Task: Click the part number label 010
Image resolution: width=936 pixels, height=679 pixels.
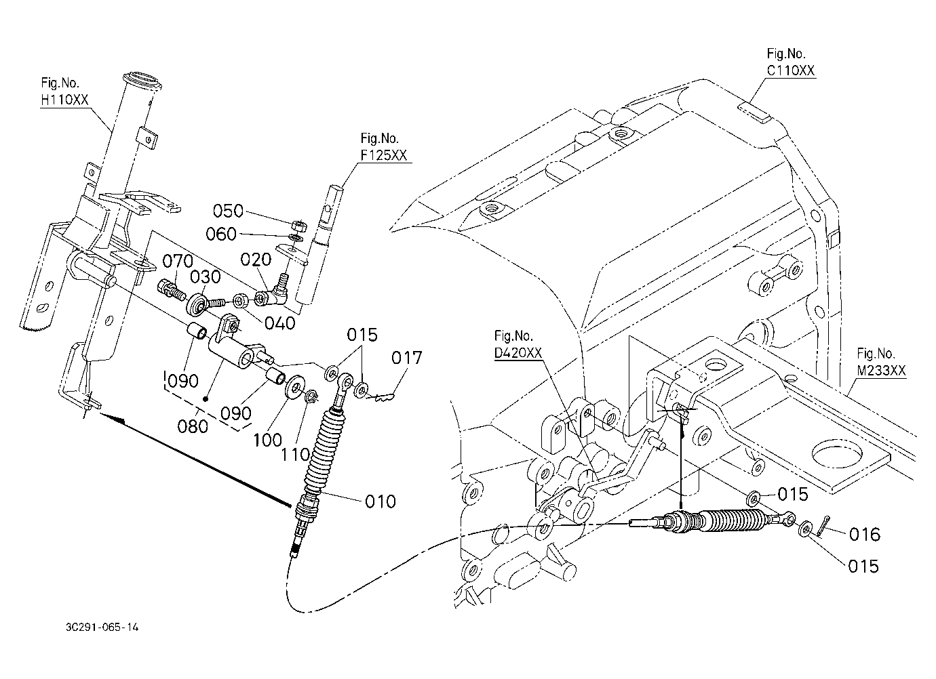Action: click(x=380, y=501)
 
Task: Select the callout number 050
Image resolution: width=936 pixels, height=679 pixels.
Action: click(x=228, y=211)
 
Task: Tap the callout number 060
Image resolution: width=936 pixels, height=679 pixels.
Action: click(x=221, y=234)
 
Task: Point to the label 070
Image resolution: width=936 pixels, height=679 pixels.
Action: click(x=178, y=262)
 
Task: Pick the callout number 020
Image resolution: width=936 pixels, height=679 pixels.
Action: click(x=256, y=260)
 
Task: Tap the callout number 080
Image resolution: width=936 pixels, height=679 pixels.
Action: click(x=192, y=426)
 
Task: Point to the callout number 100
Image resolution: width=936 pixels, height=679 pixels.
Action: click(x=268, y=440)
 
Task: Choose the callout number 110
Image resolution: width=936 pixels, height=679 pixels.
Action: click(x=295, y=455)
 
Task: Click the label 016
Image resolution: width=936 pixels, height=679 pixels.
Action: click(x=865, y=535)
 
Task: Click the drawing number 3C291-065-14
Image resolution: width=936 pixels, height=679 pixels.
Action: click(x=102, y=627)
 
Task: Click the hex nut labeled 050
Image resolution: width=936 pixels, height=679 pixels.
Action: click(x=300, y=226)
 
